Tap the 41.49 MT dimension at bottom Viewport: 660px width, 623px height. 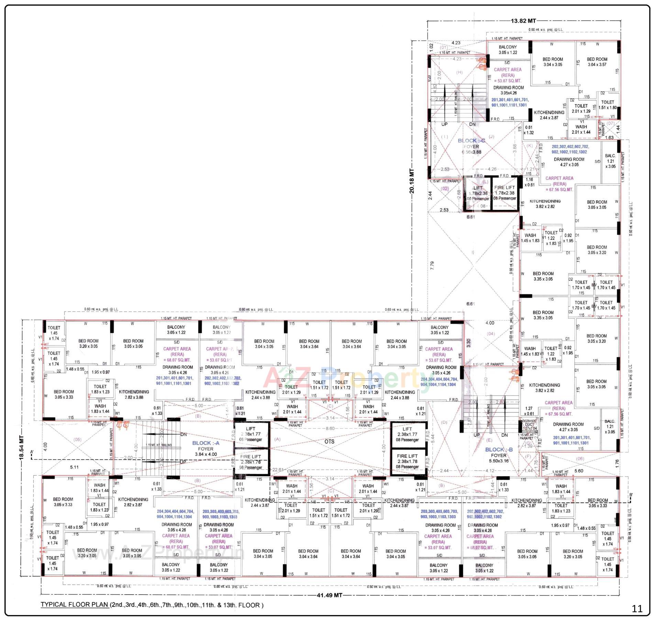(329, 595)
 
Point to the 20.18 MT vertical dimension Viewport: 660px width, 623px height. (412, 181)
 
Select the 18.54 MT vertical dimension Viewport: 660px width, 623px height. (22, 447)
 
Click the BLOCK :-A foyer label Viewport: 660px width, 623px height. (206, 443)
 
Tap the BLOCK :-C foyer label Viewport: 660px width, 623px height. (471, 141)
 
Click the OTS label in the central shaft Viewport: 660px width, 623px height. (329, 442)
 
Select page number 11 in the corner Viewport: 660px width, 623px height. (637, 609)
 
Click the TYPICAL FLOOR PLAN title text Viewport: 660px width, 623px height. (74, 605)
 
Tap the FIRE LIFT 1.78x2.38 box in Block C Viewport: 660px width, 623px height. (504, 193)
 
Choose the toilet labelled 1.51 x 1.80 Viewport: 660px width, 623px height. (607, 105)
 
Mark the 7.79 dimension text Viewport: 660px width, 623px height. (432, 265)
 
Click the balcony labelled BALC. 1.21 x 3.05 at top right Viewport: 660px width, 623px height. (610, 161)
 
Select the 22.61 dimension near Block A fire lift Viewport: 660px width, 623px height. (278, 470)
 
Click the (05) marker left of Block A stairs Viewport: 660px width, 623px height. (78, 440)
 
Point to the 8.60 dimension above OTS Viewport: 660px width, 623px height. (330, 429)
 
